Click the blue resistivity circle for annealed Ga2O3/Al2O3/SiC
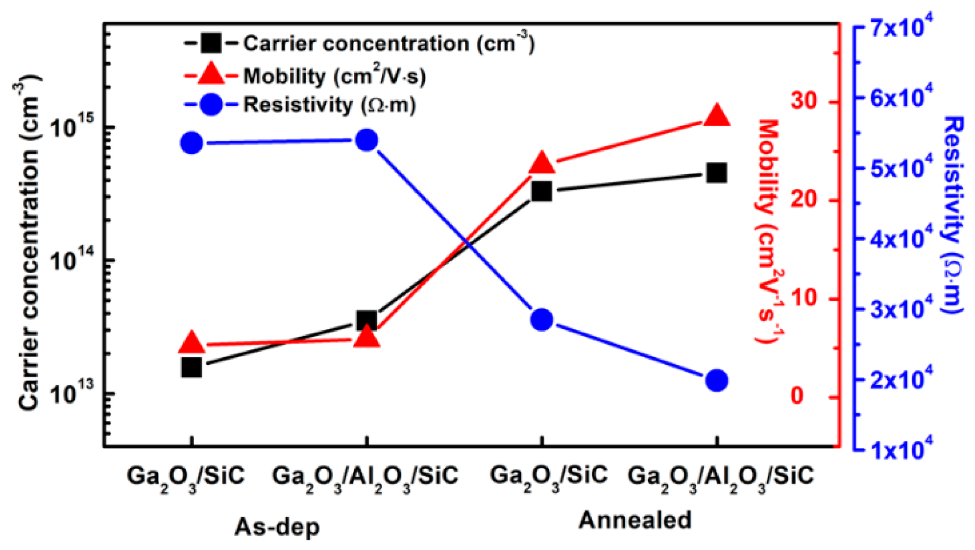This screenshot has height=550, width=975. pos(716,380)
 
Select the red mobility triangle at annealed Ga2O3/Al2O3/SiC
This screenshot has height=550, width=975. pos(716,116)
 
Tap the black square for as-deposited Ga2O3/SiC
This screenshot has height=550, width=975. pos(191,367)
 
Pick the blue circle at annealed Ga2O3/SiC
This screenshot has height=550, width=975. pos(541,320)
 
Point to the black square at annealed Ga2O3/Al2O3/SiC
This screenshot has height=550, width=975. pos(716,173)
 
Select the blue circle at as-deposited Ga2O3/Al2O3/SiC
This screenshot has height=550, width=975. pos(366,141)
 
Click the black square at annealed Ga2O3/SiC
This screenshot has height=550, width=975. pos(541,191)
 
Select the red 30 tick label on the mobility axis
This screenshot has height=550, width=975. pos(804,101)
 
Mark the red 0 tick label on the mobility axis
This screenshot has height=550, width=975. pos(798,395)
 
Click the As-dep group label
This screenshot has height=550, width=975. pos(277,527)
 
